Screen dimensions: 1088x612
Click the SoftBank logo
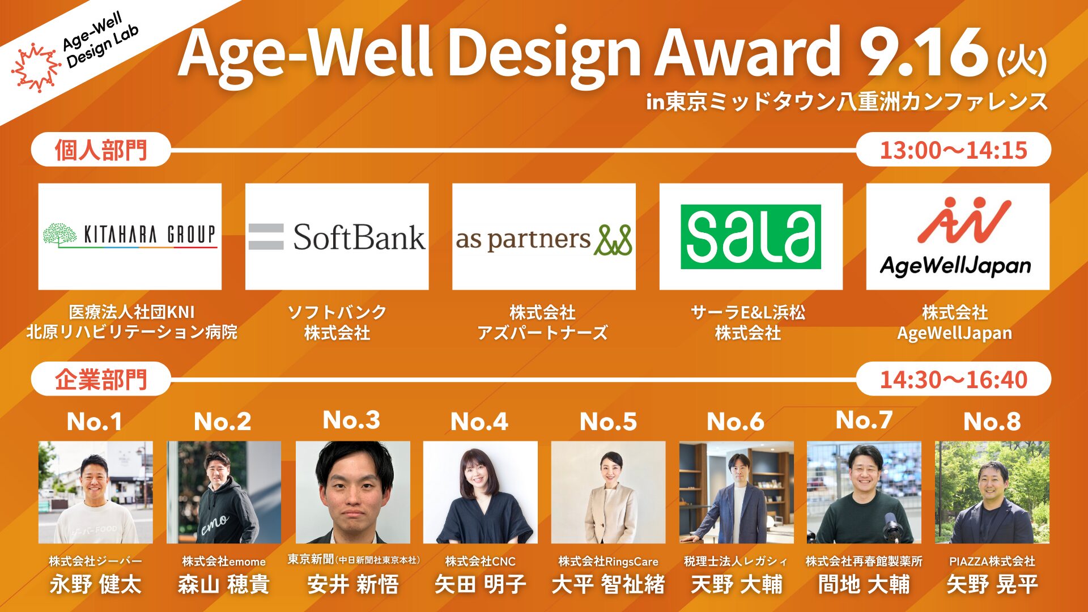tap(337, 236)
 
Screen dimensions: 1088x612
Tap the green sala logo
tap(751, 236)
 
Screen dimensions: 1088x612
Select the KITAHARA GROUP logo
tap(130, 235)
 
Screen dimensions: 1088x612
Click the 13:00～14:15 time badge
tap(953, 150)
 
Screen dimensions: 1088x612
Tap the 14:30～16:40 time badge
tap(953, 379)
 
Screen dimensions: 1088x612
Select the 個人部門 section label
tap(101, 150)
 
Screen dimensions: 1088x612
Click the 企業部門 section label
tap(101, 379)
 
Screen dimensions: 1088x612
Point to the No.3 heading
tap(351, 420)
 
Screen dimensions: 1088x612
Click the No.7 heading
tap(864, 420)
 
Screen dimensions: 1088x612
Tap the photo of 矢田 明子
tap(480, 492)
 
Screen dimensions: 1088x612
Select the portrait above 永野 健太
tap(95, 492)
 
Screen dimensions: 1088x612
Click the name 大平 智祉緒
tap(608, 584)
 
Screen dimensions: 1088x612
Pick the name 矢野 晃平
tap(992, 584)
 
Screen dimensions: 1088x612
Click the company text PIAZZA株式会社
tap(992, 561)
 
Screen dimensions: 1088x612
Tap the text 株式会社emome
tap(224, 561)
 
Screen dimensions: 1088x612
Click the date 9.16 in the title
tap(924, 53)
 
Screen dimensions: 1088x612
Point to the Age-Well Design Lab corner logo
tap(74, 51)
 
